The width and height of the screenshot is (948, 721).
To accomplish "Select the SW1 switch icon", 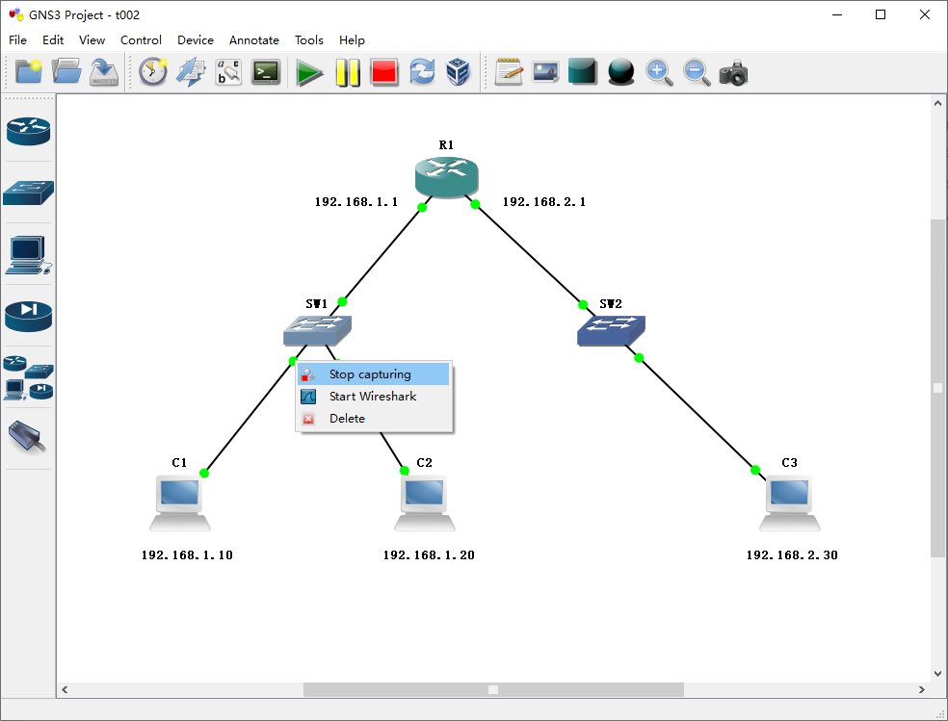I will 317,330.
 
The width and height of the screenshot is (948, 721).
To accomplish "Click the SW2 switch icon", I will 611,330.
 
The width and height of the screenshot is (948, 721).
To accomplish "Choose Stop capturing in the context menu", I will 370,374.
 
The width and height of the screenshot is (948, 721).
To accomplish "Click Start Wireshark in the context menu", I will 373,396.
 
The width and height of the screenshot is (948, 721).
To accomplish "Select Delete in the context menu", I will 347,419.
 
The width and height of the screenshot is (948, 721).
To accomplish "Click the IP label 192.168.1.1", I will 355,202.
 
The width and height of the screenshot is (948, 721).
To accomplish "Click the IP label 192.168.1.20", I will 429,555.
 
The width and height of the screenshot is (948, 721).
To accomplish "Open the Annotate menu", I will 254,40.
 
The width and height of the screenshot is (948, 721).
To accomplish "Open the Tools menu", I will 309,40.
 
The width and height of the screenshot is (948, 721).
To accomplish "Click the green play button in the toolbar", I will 309,72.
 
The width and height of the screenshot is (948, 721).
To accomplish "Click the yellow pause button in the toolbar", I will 347,72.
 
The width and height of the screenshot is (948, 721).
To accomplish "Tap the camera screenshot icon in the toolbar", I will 733,72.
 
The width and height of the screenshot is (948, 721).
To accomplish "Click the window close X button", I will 924,14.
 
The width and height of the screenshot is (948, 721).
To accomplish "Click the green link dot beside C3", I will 755,470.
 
